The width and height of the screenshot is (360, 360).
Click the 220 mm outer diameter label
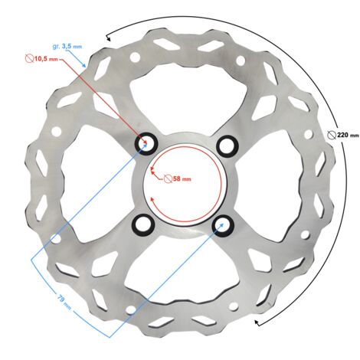click(x=343, y=134)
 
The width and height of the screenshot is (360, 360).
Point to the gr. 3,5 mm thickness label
click(x=67, y=47)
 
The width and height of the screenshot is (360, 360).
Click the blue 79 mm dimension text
click(x=63, y=302)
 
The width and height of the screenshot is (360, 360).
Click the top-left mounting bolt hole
click(x=147, y=143)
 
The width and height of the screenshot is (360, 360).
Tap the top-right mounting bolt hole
click(x=227, y=146)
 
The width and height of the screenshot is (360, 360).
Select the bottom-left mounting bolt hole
click(x=143, y=225)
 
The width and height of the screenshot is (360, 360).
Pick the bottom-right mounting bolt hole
click(x=223, y=226)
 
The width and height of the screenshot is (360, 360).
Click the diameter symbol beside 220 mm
click(x=332, y=135)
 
